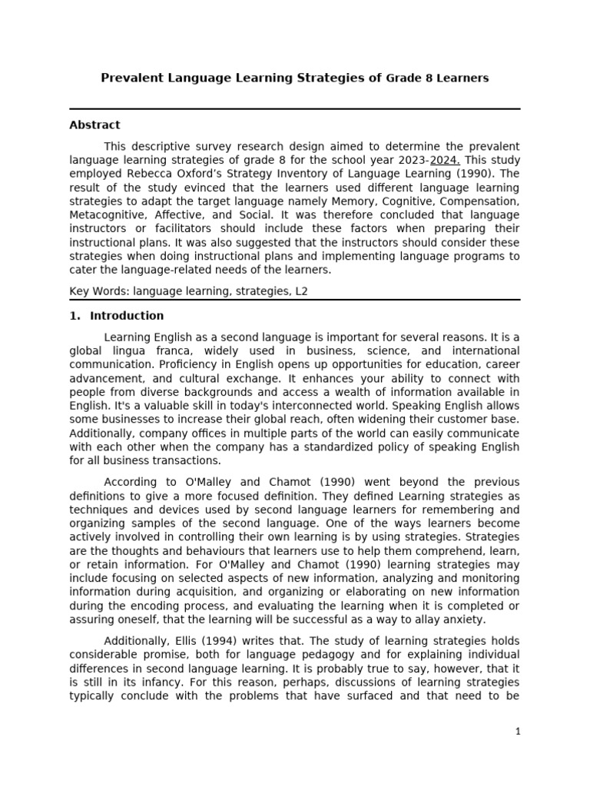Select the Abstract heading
pyautogui.click(x=94, y=125)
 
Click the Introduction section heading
pyautogui.click(x=127, y=316)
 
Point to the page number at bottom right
pyautogui.click(x=518, y=732)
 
